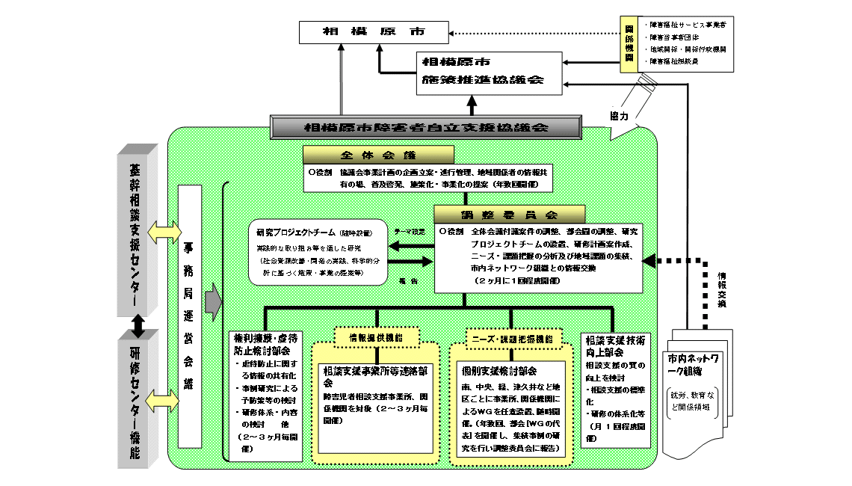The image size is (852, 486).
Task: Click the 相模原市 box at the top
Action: coord(373,33)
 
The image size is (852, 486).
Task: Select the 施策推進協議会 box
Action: coord(489,73)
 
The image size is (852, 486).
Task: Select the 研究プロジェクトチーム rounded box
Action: coord(318,252)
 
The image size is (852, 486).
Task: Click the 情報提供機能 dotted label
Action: coord(376,337)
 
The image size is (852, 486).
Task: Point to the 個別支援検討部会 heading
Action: coord(499,370)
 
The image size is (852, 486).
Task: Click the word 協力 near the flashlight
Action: coord(618,117)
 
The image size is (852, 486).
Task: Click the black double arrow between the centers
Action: coord(137,324)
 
